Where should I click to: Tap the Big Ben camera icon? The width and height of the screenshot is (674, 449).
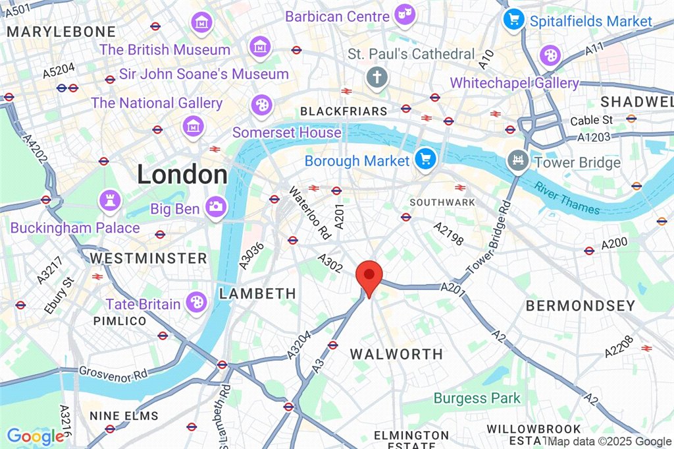coord(214,207)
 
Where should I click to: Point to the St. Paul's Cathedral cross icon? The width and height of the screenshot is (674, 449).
coord(378,78)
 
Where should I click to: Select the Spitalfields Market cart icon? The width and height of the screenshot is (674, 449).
coord(513,18)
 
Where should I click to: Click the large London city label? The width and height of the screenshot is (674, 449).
coord(182,175)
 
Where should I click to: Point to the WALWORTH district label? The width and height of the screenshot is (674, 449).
coord(396,354)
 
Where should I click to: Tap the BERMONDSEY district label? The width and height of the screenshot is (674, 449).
coord(581,306)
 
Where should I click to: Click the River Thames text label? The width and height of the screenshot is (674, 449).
coord(567,197)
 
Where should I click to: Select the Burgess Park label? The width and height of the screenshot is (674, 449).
coord(477,398)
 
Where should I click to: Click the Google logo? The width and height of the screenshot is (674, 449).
coord(35,436)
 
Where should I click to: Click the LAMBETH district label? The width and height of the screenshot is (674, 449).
coord(257,293)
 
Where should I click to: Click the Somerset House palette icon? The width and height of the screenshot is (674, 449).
coord(261,104)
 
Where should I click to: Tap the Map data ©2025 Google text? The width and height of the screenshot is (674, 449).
coord(609,442)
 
